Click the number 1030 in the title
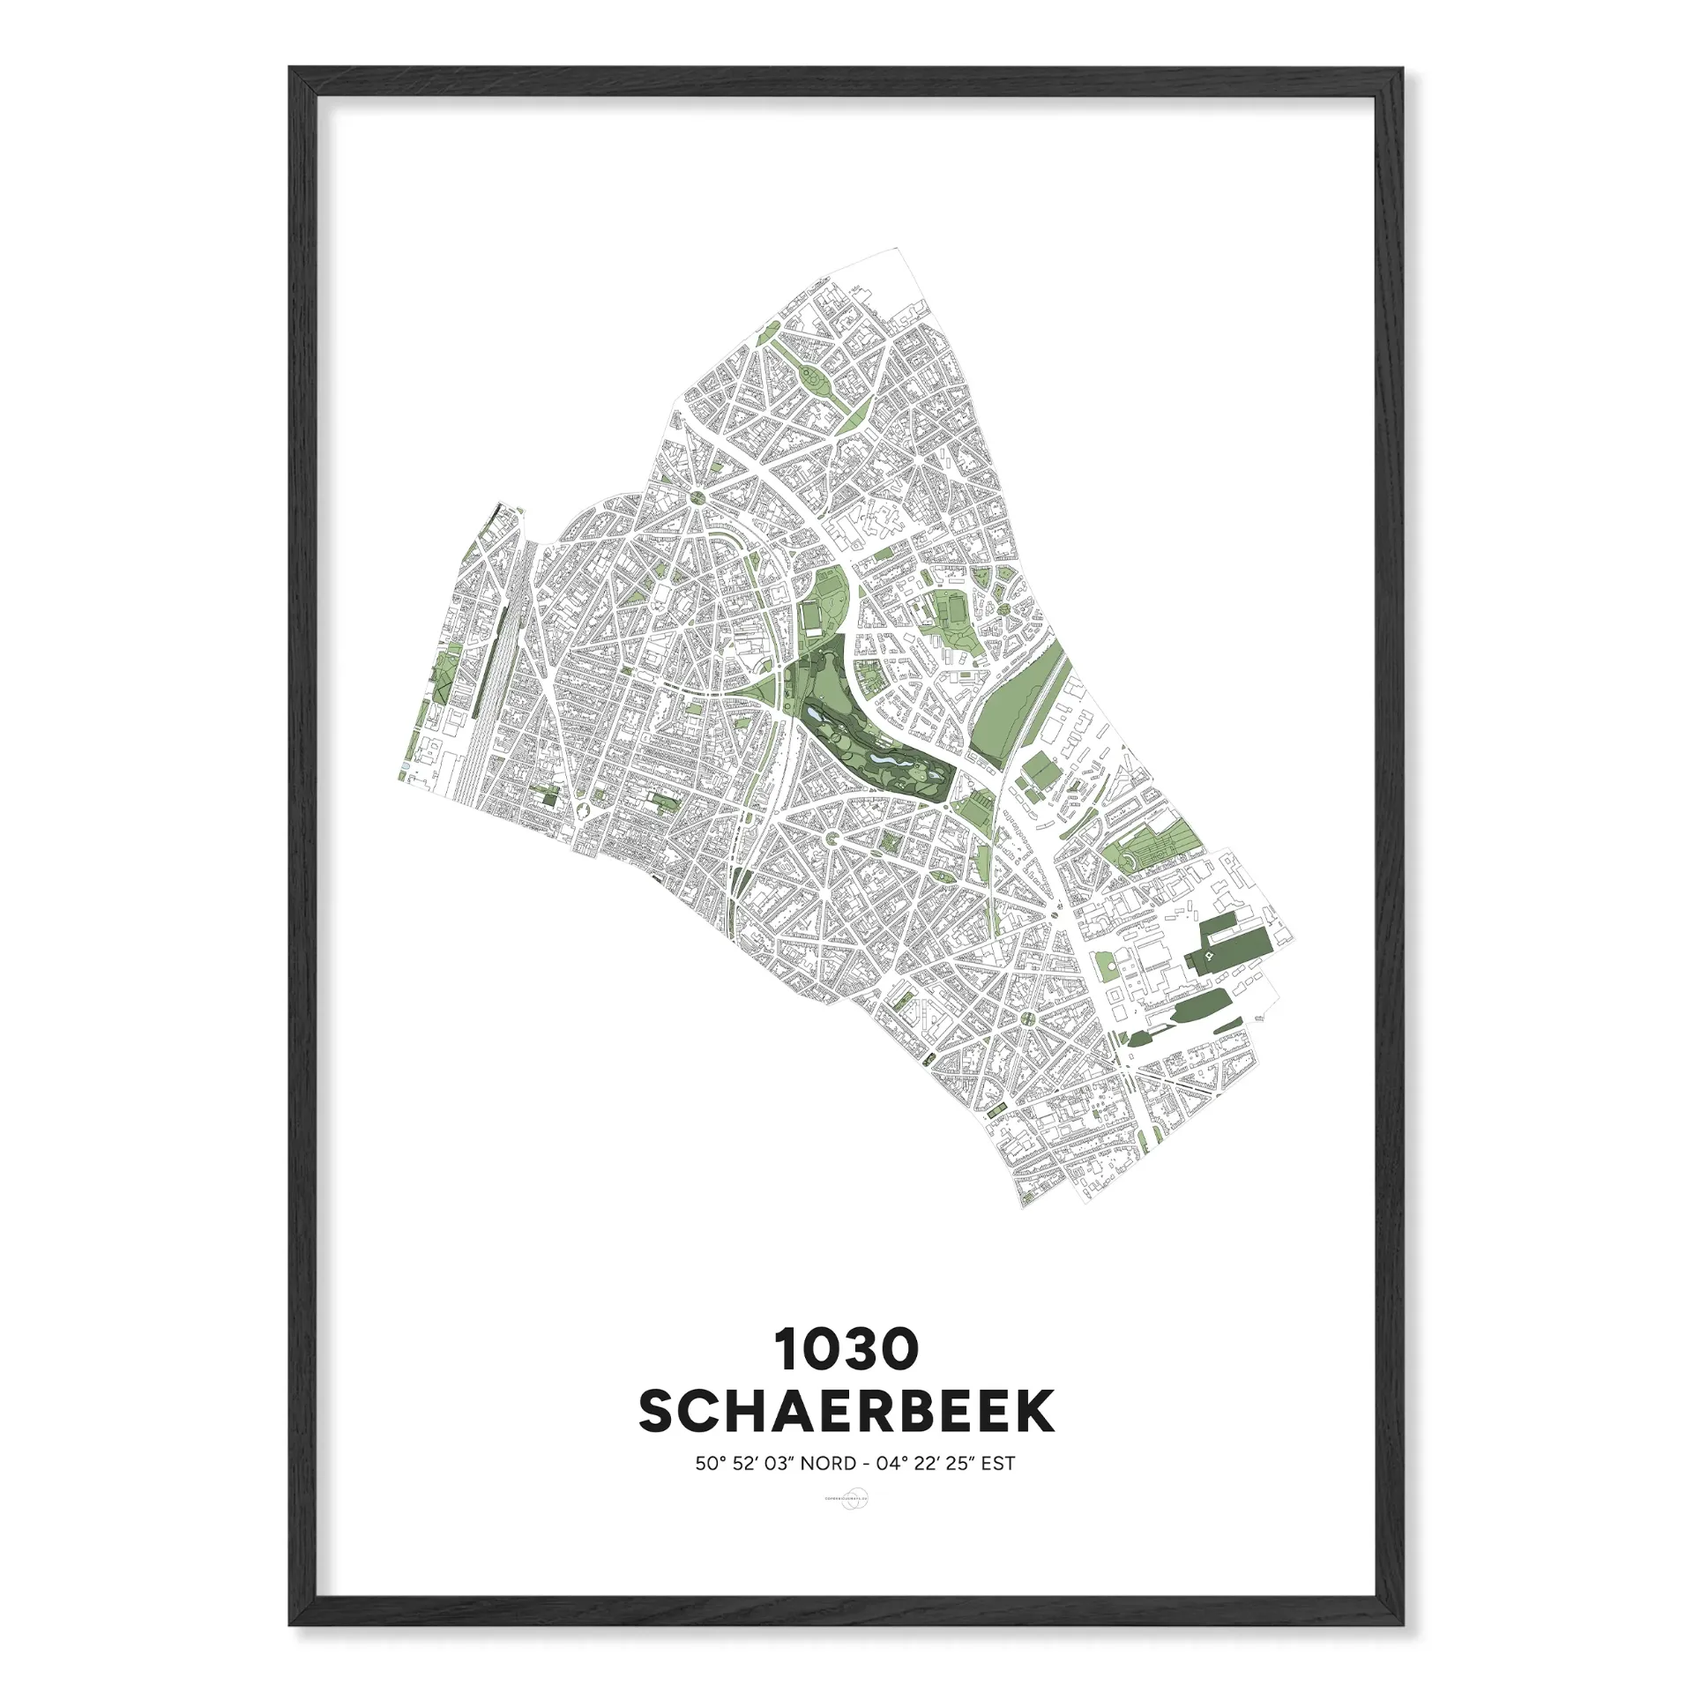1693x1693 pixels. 846,1350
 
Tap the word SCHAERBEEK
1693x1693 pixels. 846,1412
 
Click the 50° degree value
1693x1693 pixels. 710,1464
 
